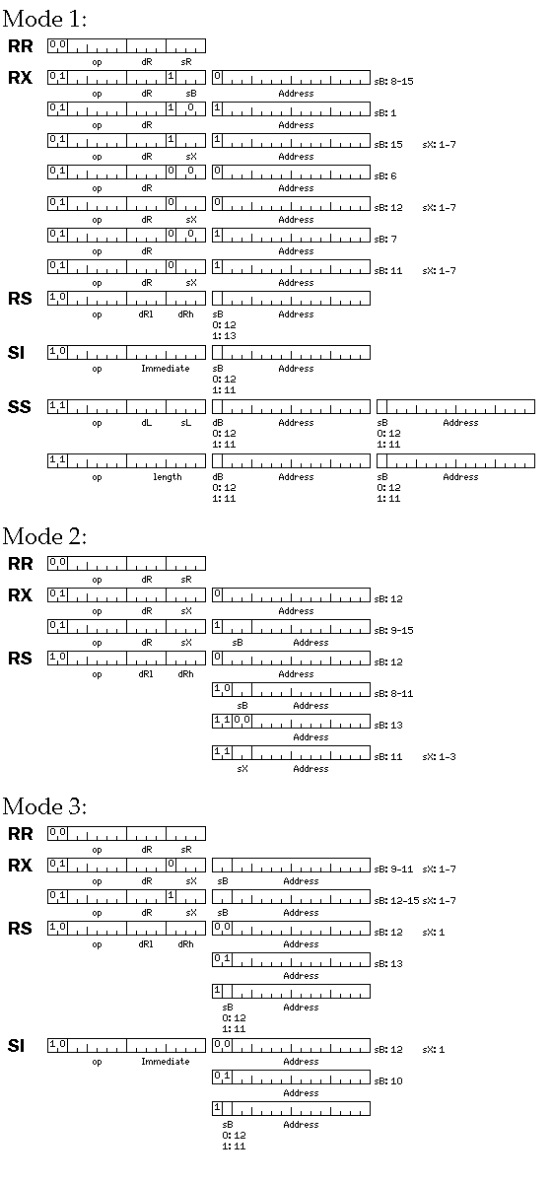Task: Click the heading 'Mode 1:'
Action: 44,19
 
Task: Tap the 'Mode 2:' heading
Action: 44,536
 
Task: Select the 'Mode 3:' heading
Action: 44,806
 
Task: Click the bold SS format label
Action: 20,406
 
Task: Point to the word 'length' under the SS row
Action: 168,477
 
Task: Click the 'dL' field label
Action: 146,423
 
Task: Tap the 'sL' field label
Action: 186,423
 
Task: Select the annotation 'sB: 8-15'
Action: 393,81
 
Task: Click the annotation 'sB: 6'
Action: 385,175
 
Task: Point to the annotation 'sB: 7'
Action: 385,240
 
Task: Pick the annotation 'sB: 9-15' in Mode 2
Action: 393,631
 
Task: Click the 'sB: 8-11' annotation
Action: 393,693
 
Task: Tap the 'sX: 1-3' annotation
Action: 439,757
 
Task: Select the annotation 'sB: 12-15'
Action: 396,900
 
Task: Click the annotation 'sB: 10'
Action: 388,1081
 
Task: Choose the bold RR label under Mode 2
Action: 20,564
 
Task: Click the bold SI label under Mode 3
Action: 16,1046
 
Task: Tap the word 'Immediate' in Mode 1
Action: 166,368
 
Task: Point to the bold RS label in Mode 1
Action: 20,299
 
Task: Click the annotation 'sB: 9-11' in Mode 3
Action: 393,870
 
